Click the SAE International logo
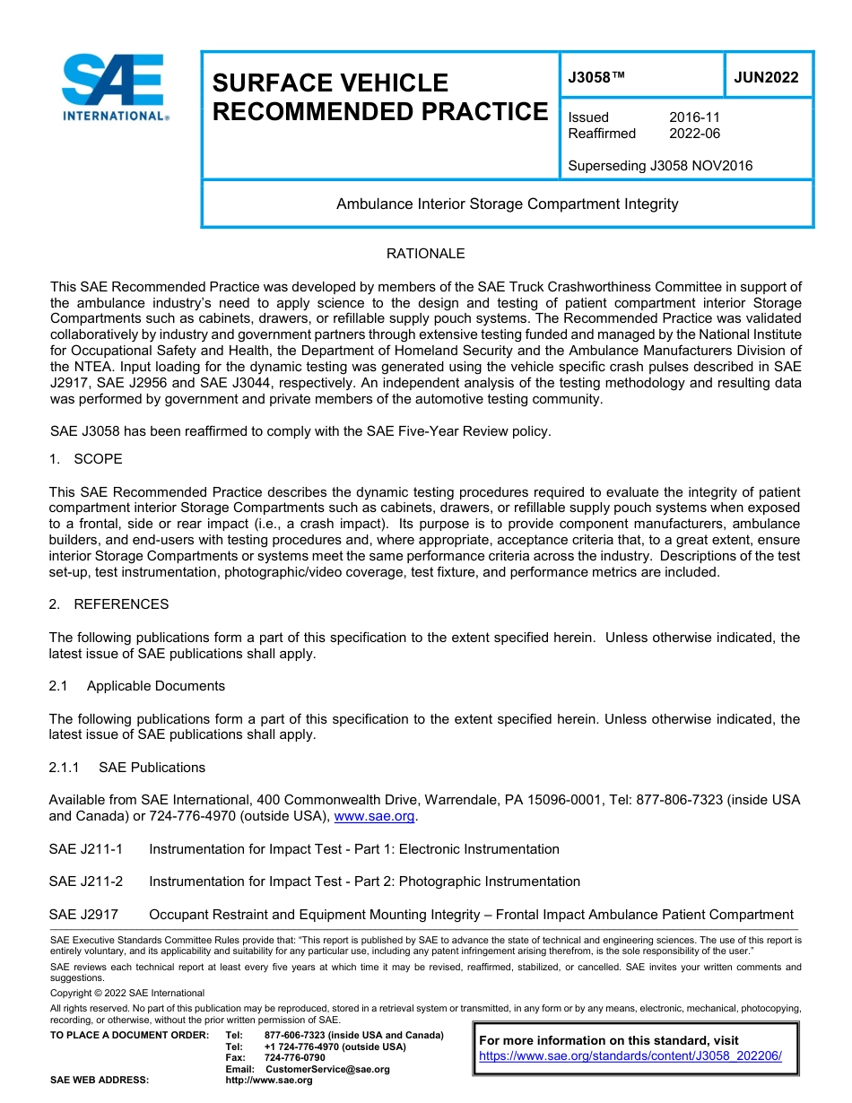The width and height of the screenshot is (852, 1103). (113, 88)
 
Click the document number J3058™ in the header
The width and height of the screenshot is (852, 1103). (596, 78)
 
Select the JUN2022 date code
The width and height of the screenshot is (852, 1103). (766, 78)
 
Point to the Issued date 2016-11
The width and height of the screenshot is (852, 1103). (694, 117)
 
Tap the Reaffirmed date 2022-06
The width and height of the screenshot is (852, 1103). (694, 134)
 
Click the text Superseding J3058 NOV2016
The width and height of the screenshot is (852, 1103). (660, 166)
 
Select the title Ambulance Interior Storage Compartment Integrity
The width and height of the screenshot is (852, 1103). (507, 204)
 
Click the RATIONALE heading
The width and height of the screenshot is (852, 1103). (425, 254)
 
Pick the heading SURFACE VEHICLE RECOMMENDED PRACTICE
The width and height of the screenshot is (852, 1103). (379, 97)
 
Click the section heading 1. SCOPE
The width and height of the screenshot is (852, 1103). (86, 459)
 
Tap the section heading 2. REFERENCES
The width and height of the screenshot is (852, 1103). (109, 604)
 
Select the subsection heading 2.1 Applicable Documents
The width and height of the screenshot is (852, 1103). (137, 686)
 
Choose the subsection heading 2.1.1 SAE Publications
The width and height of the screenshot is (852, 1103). (127, 768)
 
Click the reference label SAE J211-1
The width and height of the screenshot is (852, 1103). (86, 849)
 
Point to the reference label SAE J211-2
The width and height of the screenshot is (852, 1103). (86, 882)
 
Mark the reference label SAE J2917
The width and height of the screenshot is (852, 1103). (83, 915)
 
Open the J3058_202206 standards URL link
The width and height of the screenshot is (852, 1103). (630, 1056)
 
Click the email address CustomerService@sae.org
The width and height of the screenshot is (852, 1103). (327, 1069)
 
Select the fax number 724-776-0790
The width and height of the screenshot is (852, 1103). (294, 1058)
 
